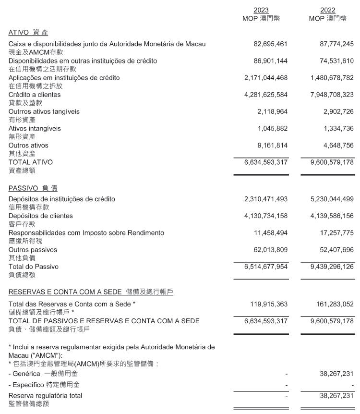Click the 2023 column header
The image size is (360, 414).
tap(261, 10)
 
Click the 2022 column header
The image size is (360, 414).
tap(328, 10)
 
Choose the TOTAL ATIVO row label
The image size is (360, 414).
tap(31, 162)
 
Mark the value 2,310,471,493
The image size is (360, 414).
tap(266, 199)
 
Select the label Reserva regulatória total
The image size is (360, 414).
tap(45, 396)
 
